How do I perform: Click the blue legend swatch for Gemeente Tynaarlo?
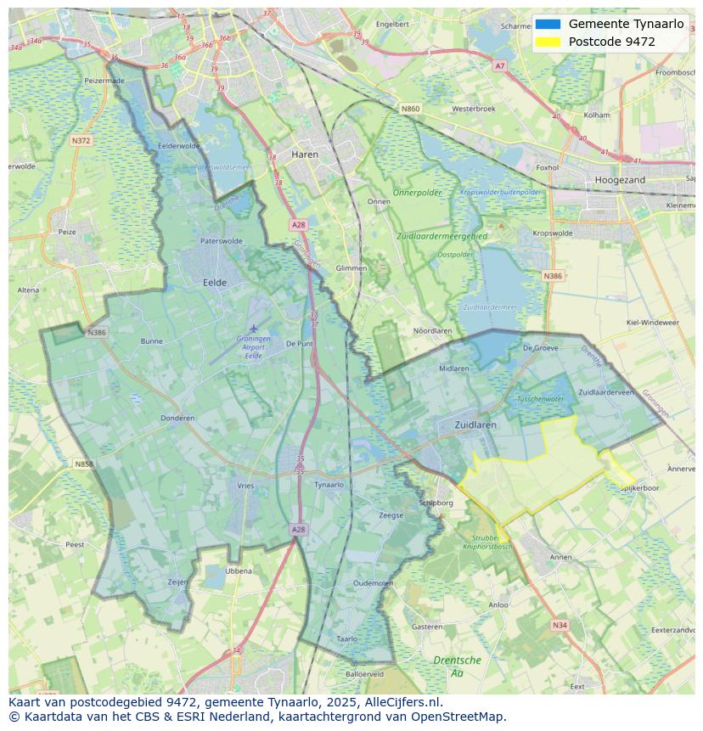tap(548, 24)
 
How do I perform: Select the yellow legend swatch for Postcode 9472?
tap(548, 42)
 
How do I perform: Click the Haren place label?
tap(304, 155)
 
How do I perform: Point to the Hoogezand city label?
tap(620, 180)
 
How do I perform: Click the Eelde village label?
tap(214, 282)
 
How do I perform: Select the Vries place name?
tap(245, 485)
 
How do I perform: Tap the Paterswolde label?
tap(221, 241)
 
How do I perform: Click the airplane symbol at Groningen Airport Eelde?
tap(253, 328)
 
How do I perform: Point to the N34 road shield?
tap(559, 625)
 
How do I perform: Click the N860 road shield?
tap(410, 109)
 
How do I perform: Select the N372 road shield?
tap(81, 141)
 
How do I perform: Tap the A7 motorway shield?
tap(499, 65)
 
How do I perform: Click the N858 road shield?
tap(83, 464)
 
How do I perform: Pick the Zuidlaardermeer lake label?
tap(490, 307)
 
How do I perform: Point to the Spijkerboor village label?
tap(639, 488)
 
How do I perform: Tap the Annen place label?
tap(561, 557)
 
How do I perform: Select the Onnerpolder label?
tap(419, 193)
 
